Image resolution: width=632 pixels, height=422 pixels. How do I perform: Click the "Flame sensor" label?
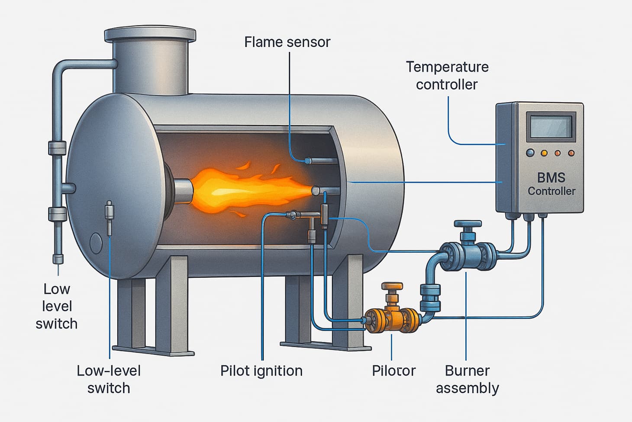point(287,42)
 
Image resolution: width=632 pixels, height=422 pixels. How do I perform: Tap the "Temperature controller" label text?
point(447,75)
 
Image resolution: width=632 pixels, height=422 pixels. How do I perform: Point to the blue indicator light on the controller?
point(530,153)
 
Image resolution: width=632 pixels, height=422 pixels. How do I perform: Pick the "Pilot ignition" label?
point(261,371)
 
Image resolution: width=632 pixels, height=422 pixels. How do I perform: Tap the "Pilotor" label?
point(393,371)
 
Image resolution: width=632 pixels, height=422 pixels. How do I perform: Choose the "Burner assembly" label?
point(467,379)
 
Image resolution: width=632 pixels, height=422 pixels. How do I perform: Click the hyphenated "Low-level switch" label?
point(109,379)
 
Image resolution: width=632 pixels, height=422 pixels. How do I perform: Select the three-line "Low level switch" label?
point(57,306)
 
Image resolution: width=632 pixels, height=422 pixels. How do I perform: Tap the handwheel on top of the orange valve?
point(392,286)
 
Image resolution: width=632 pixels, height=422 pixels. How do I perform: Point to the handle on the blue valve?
point(468,225)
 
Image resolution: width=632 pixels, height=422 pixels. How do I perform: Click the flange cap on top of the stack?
point(150,34)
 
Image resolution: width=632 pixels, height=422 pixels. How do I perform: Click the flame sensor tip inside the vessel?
point(308,161)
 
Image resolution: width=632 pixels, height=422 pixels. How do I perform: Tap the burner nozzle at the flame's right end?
point(316,191)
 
